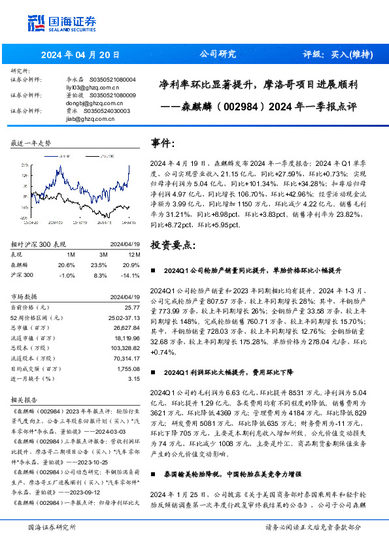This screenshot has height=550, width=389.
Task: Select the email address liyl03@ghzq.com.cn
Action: click(x=92, y=86)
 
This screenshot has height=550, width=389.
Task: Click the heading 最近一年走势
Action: click(x=31, y=143)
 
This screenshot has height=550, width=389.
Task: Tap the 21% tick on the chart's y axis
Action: click(x=22, y=166)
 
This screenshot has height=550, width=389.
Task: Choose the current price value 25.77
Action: click(x=132, y=306)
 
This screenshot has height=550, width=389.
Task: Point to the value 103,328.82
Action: click(x=126, y=348)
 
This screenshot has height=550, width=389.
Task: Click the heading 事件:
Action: click(x=163, y=143)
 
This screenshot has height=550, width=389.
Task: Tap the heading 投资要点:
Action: click(x=173, y=245)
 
